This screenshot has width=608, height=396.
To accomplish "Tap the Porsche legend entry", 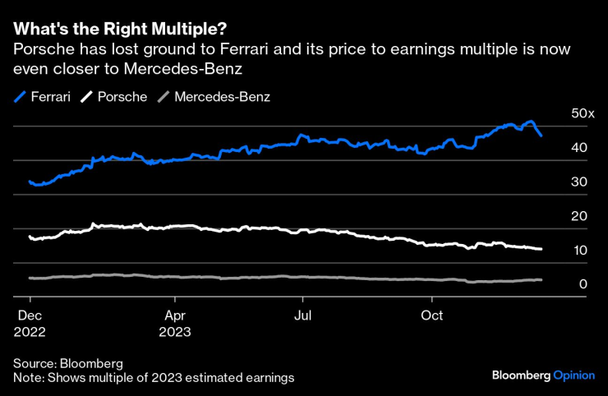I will coord(114,97).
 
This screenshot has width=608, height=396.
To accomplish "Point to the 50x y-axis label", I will coord(583,113).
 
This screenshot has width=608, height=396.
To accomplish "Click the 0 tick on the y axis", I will coord(583,284).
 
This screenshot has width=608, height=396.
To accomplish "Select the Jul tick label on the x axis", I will coord(303,315).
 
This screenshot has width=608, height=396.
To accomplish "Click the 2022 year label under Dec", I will coord(29,332).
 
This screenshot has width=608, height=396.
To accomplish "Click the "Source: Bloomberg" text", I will coord(68,362).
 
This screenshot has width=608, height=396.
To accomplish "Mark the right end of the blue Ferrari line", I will coord(541,136).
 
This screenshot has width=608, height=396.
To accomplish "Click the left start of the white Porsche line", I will coord(30,237).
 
